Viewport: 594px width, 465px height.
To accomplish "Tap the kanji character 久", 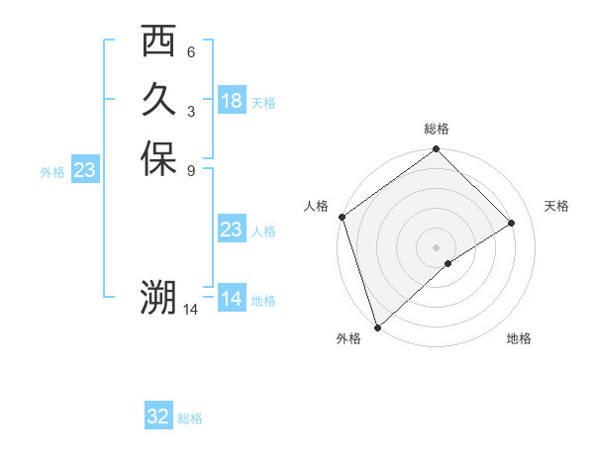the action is click(x=158, y=101).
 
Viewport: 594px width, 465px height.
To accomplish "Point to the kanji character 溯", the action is click(x=158, y=297).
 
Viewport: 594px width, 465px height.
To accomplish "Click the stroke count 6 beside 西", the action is click(x=190, y=52).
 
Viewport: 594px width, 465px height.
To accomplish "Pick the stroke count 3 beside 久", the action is click(x=190, y=112).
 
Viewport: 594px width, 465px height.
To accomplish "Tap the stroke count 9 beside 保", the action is click(x=190, y=170).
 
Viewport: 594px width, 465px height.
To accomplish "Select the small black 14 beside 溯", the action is click(x=191, y=310).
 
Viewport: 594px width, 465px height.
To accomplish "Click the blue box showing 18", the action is click(x=232, y=101).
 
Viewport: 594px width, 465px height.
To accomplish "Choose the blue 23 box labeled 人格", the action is click(x=231, y=231).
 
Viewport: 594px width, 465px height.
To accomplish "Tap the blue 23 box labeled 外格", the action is click(x=84, y=171).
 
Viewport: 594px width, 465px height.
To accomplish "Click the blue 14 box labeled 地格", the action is click(x=231, y=299).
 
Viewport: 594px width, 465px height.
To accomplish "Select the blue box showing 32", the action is click(x=158, y=417).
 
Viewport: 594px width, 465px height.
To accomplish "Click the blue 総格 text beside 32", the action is click(x=191, y=418).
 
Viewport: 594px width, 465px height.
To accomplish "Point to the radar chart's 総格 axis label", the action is click(x=437, y=130).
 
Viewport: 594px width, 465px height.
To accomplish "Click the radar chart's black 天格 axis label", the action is click(x=557, y=206).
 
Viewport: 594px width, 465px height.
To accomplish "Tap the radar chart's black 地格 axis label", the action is click(x=519, y=339).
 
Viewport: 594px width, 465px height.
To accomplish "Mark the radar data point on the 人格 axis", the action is click(x=342, y=217).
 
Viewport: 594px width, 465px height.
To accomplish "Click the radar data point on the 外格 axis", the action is click(x=377, y=325).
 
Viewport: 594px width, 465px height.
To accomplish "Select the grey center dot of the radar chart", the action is click(x=436, y=246).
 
